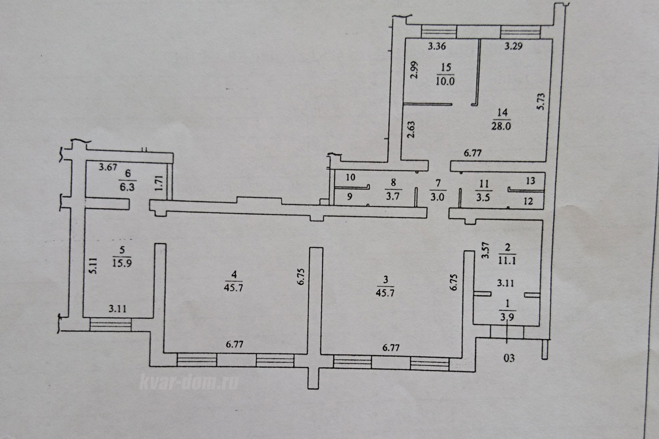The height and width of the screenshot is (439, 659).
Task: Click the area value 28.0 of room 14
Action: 501,126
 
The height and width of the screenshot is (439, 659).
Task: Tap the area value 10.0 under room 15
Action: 445,81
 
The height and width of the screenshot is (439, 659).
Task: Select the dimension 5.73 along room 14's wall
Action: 541,102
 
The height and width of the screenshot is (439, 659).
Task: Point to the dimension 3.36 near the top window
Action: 437,46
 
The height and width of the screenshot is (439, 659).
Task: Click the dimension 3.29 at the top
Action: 513,46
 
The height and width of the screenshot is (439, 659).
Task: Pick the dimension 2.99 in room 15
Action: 414,70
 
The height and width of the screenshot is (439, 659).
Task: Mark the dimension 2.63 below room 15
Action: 411,130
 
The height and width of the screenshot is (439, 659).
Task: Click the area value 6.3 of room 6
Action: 127,187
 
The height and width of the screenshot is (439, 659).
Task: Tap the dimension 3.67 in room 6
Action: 108,167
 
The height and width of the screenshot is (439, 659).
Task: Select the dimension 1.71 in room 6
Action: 159,183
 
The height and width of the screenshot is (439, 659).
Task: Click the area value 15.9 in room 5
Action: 122,262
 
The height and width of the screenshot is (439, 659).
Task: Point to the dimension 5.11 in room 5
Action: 93,266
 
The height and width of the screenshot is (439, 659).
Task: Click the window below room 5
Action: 110,325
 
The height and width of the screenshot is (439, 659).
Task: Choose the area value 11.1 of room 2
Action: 506,261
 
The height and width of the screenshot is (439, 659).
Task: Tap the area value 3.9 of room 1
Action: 507,317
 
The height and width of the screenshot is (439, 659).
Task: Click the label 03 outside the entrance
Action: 509,358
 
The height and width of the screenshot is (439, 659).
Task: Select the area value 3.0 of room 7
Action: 437,196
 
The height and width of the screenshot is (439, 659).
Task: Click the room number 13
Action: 530,181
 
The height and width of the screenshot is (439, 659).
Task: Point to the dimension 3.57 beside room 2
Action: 485,250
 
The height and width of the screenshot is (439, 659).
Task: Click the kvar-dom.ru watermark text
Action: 189,382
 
